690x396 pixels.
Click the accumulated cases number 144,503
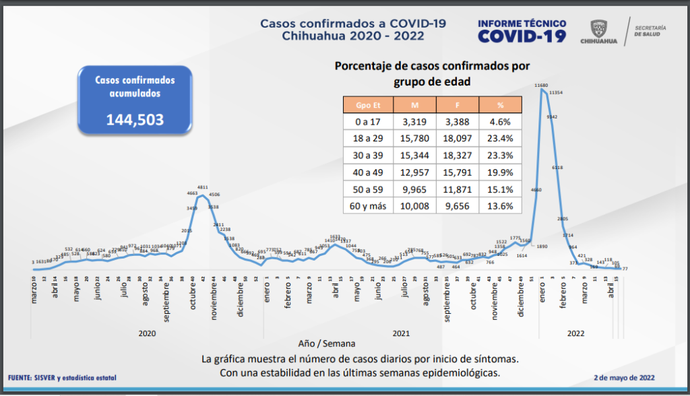(135, 120)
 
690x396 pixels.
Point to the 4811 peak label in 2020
(202, 187)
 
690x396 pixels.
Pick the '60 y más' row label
(367, 206)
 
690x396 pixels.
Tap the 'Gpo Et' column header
(367, 105)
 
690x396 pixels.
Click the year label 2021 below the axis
(401, 333)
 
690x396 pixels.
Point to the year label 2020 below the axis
(148, 333)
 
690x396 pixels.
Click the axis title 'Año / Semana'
(327, 343)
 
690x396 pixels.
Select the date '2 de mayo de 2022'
(624, 378)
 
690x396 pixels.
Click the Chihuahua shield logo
(598, 28)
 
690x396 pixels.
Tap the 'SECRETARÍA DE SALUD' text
(651, 31)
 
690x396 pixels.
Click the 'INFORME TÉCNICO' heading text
(522, 22)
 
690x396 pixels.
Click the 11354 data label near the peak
(556, 92)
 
